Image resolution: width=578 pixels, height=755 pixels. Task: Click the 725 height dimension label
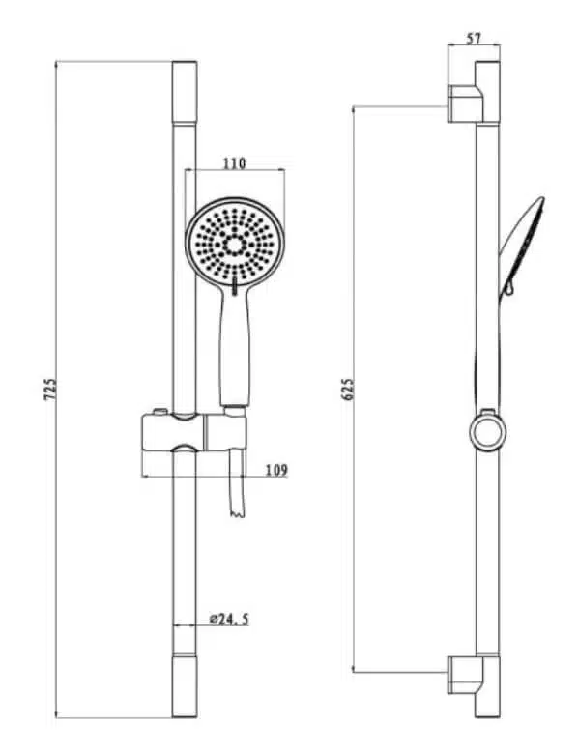[50, 389]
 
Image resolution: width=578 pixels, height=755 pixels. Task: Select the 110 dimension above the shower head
[234, 163]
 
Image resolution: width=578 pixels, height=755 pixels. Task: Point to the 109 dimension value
[276, 470]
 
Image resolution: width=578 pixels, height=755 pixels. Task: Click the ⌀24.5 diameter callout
[229, 619]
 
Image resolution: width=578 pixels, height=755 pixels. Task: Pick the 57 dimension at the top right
[474, 38]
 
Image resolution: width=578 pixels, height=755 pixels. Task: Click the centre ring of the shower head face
[235, 246]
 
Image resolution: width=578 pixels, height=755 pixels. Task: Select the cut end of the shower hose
[238, 514]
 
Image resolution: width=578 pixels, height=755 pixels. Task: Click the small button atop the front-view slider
[159, 412]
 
